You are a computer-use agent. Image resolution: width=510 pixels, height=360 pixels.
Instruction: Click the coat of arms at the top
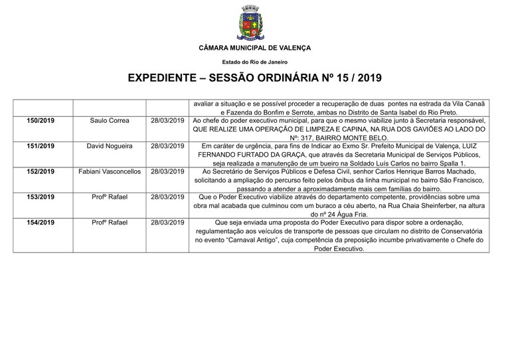click(x=254, y=25)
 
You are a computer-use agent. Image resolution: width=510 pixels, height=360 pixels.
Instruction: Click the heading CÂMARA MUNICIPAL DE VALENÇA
click(x=254, y=48)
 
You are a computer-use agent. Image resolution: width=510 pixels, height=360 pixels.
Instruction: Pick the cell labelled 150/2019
click(x=41, y=121)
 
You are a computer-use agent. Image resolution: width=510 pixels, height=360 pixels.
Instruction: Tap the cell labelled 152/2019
click(x=41, y=171)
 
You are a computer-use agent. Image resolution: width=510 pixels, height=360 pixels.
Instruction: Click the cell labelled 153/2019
click(x=41, y=197)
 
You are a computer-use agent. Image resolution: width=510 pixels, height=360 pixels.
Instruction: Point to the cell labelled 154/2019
click(x=41, y=222)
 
